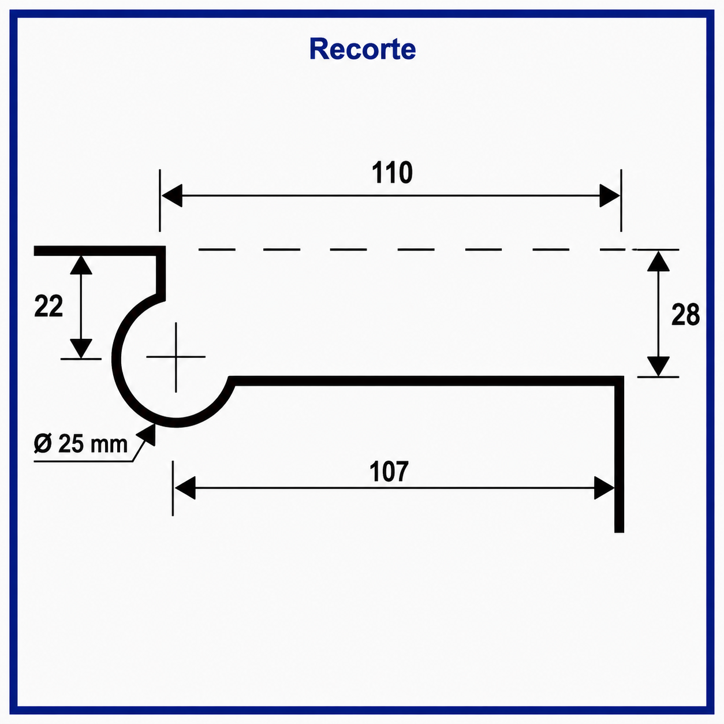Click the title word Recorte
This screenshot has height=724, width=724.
tap(363, 49)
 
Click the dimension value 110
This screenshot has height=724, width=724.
tap(392, 173)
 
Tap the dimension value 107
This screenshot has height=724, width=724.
tap(389, 472)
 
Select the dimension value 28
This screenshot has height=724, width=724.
tap(685, 314)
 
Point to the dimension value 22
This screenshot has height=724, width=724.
tap(48, 306)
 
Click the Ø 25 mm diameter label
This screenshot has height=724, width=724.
tap(81, 444)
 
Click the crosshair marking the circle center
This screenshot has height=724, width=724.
tap(176, 357)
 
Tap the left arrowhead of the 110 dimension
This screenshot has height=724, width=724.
tap(172, 196)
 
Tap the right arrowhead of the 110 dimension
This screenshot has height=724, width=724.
tap(610, 196)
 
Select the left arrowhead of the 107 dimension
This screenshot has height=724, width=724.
tap(185, 488)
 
